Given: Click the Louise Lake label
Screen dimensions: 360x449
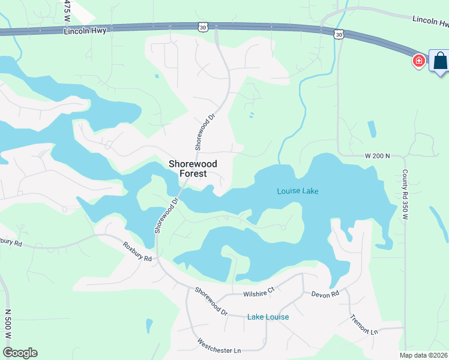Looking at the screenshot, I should click(298, 191).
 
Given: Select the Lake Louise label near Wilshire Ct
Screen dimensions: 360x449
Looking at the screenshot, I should click(268, 317).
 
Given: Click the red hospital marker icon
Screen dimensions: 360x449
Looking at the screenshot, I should click(418, 61).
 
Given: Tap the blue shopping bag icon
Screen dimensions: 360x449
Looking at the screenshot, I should click(439, 61).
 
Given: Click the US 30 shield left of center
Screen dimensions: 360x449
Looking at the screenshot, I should click(203, 27).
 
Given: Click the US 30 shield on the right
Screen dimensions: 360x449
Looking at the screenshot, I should click(340, 35).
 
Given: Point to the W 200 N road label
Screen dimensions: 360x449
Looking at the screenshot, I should click(378, 155).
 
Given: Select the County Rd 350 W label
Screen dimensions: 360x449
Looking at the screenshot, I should click(405, 193).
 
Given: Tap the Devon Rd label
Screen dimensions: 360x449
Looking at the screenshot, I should click(325, 294).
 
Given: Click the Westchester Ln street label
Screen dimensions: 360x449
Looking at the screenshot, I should click(218, 346).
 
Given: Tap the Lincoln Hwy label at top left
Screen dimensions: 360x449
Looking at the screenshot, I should click(85, 30).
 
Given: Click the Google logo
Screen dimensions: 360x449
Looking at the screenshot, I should click(20, 353).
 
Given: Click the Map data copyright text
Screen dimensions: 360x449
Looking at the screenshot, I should click(423, 355).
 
